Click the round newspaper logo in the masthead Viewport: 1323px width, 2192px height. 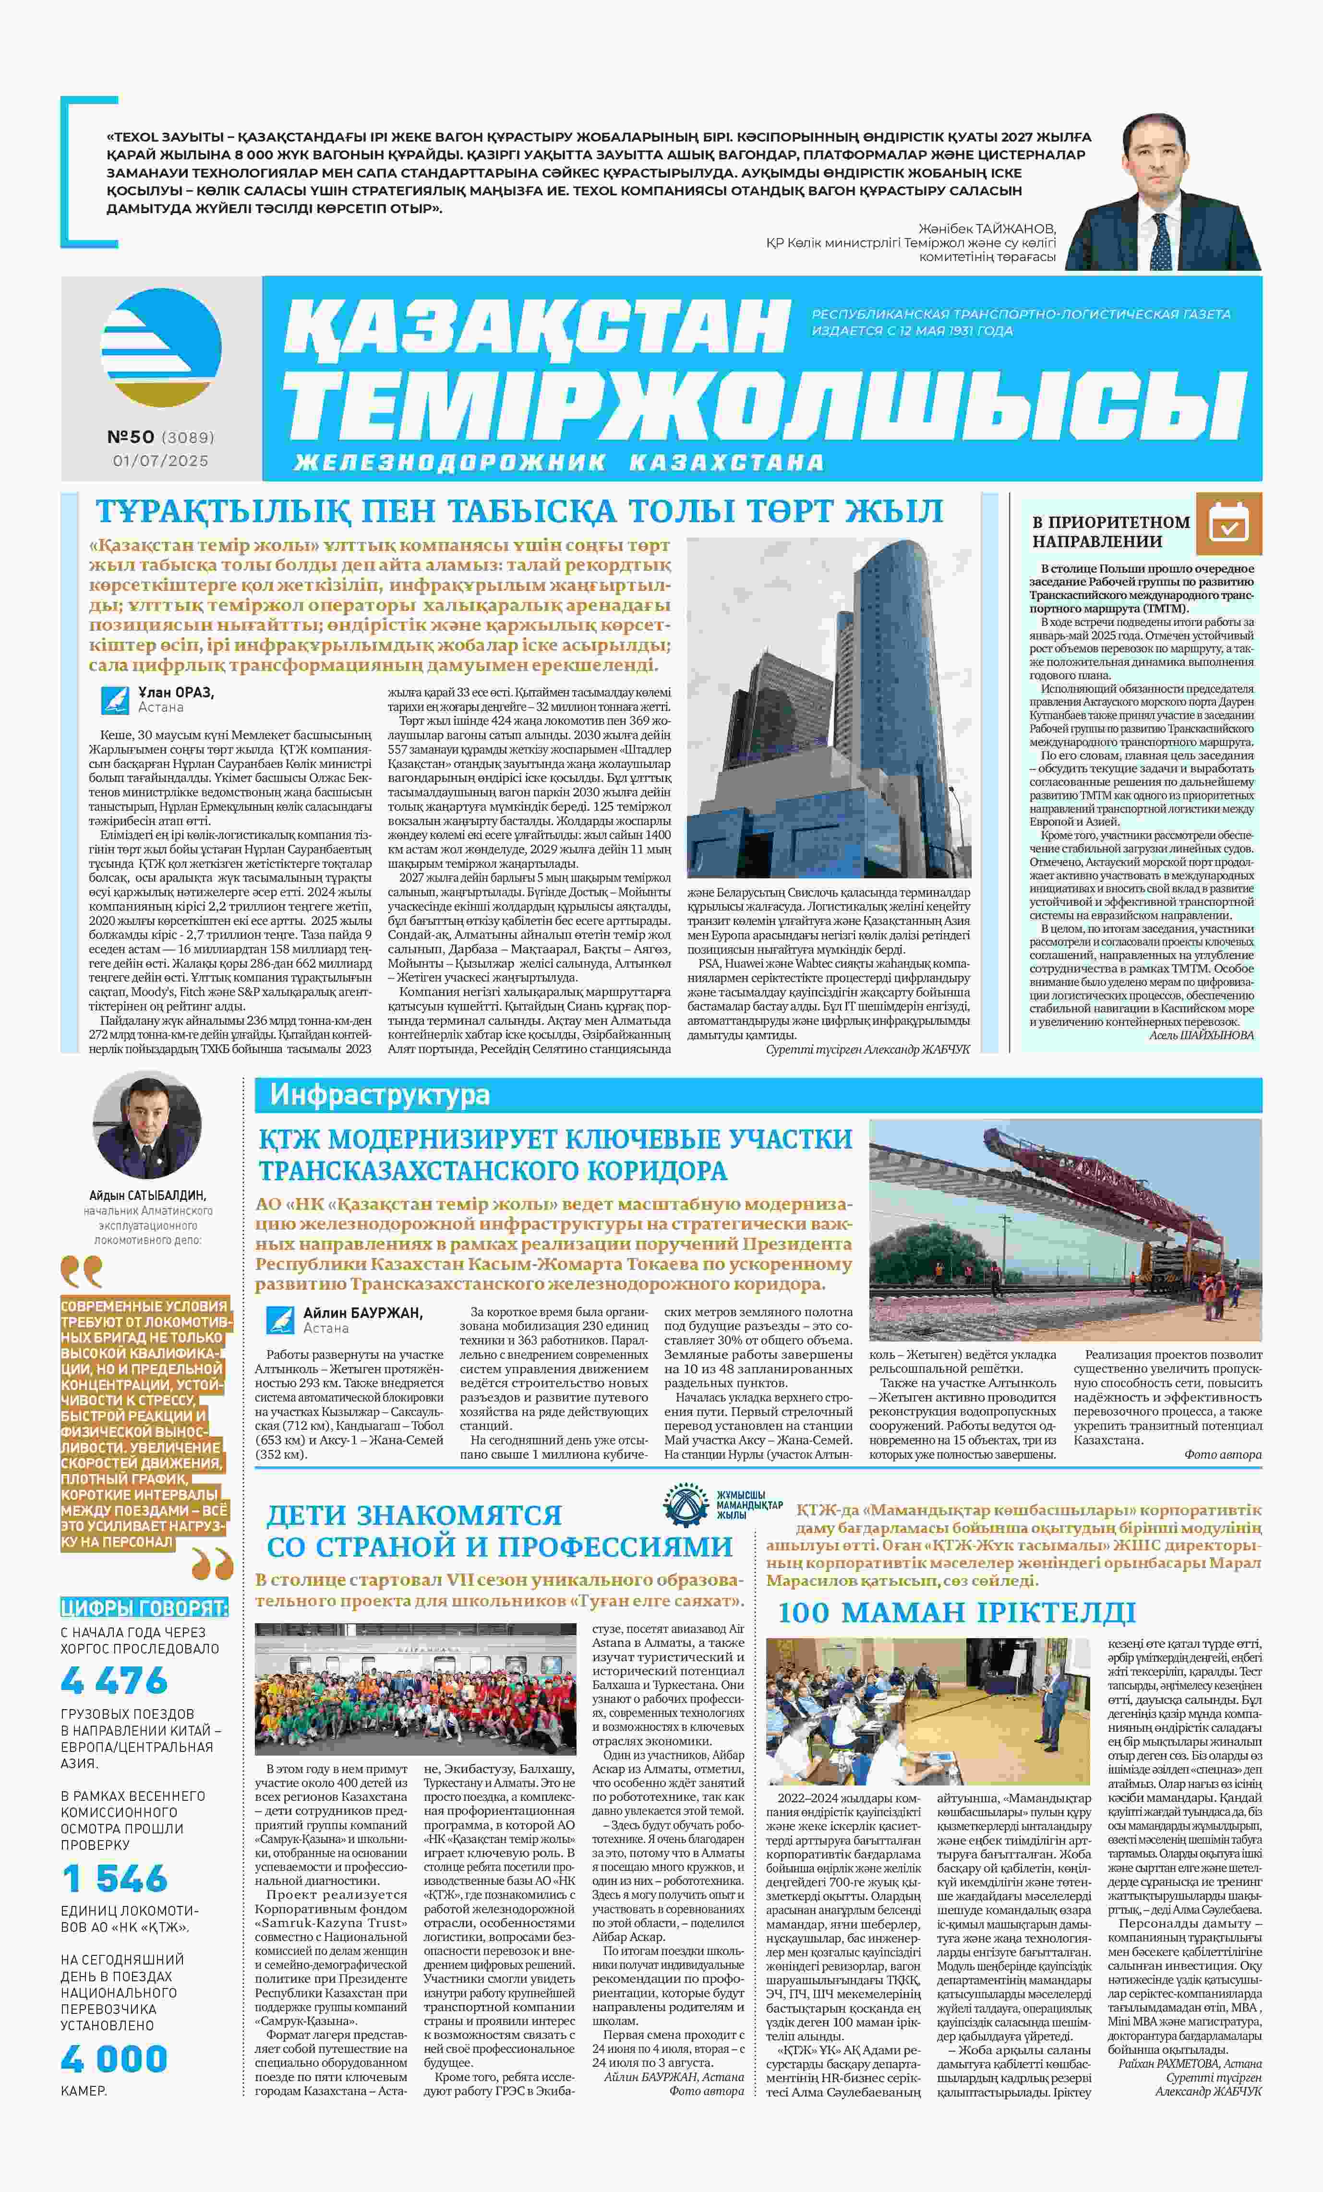tap(161, 348)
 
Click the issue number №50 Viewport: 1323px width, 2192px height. tap(131, 437)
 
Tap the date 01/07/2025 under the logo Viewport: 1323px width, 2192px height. tap(160, 461)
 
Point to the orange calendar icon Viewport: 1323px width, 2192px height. tap(1229, 523)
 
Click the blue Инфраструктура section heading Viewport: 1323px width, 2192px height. tap(380, 1094)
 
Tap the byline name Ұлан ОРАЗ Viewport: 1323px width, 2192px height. tap(176, 692)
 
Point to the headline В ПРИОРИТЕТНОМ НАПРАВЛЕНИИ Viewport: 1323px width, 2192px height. tap(1110, 531)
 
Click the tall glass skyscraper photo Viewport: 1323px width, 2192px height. tap(829, 707)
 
